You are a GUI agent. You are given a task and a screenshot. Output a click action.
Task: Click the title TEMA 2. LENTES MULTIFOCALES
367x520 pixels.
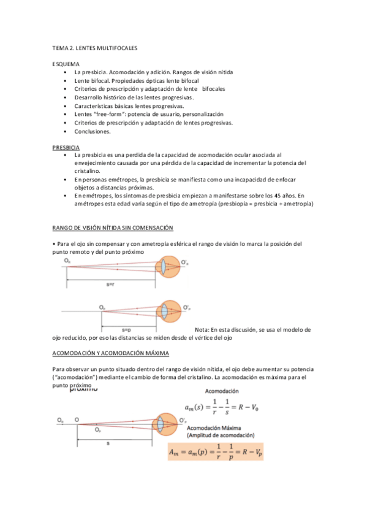tap(94, 47)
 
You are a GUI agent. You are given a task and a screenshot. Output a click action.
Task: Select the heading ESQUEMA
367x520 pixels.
tap(66, 64)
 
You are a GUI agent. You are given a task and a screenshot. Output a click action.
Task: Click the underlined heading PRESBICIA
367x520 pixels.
tap(66, 148)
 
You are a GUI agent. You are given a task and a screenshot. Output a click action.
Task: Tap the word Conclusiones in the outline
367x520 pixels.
tap(93, 131)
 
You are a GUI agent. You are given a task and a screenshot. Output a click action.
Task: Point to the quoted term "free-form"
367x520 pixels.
tap(109, 114)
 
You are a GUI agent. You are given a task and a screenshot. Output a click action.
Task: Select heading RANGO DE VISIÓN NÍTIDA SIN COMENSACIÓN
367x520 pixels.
tap(113, 228)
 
